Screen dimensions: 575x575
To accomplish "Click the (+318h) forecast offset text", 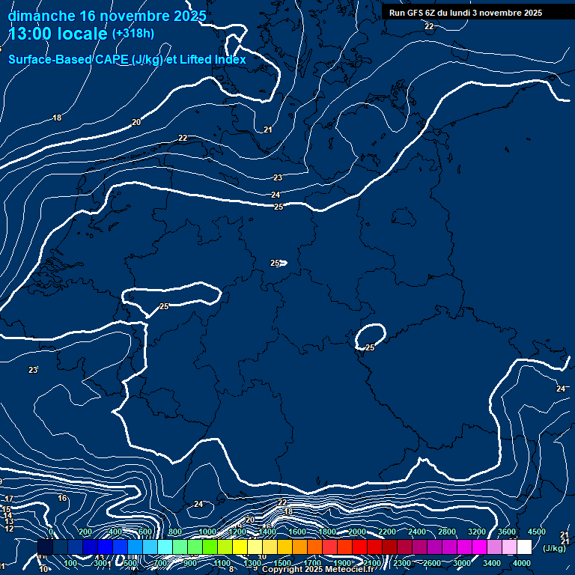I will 133,34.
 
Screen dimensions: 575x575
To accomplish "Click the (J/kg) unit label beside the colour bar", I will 554,549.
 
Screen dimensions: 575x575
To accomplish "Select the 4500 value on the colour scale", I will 536,532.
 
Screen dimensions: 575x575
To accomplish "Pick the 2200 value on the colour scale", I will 386,532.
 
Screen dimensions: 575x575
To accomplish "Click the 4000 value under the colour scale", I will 522,563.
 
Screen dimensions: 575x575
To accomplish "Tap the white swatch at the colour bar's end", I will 524,547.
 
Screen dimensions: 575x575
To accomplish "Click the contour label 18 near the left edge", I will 57,118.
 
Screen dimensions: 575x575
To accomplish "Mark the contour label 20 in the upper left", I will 136,122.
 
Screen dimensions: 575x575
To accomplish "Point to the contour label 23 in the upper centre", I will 278,177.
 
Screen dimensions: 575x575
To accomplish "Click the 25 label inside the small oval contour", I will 370,347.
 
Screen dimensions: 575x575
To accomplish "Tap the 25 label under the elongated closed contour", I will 164,306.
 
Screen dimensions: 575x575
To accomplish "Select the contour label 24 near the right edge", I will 561,389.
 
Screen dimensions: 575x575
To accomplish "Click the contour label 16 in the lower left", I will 62,498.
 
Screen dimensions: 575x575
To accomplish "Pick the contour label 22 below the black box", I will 429,26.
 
